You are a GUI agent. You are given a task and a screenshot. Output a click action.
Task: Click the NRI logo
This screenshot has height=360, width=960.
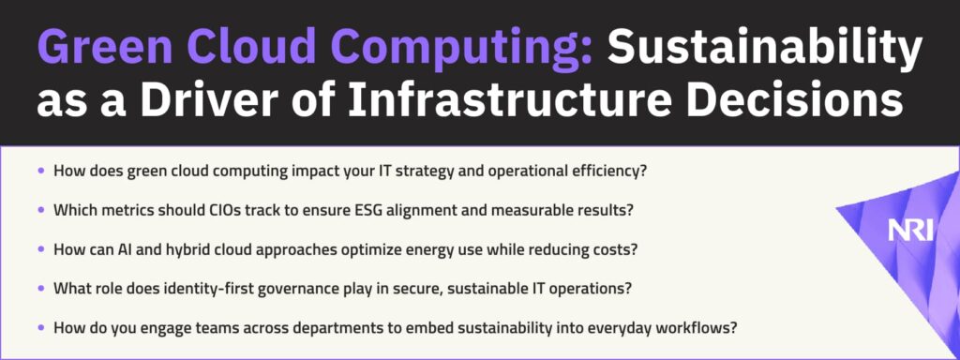(x=910, y=231)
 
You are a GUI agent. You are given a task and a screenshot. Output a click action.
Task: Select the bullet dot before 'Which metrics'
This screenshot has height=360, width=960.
(x=41, y=209)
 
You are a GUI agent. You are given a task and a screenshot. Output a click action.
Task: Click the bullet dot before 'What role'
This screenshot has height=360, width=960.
(x=41, y=288)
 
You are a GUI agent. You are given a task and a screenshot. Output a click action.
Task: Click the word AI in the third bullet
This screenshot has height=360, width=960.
(x=134, y=249)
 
